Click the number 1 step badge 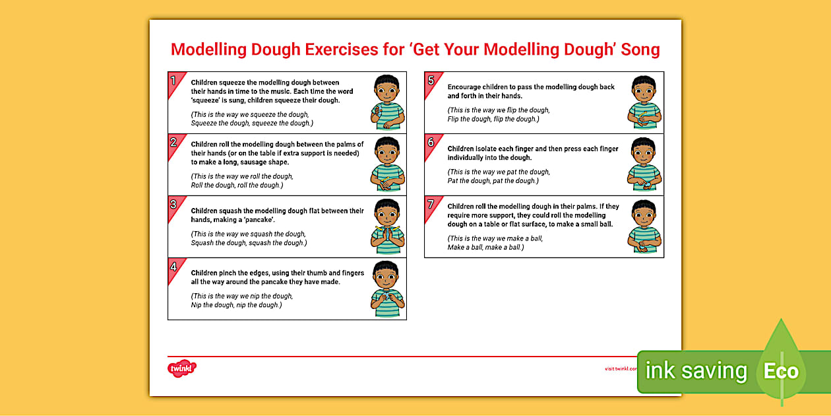(x=173, y=81)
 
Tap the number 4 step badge (x=173, y=267)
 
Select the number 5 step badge (x=431, y=81)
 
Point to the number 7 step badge (x=431, y=204)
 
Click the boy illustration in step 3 (x=387, y=226)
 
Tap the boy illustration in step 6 (x=644, y=164)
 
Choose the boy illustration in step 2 (x=387, y=164)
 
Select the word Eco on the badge (x=781, y=371)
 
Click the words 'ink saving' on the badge (x=696, y=371)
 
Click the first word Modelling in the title (x=209, y=50)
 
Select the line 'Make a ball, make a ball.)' (x=485, y=247)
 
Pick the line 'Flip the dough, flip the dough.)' (x=493, y=119)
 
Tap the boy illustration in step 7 (x=644, y=226)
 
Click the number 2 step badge (x=173, y=143)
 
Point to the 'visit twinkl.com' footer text (x=621, y=369)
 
